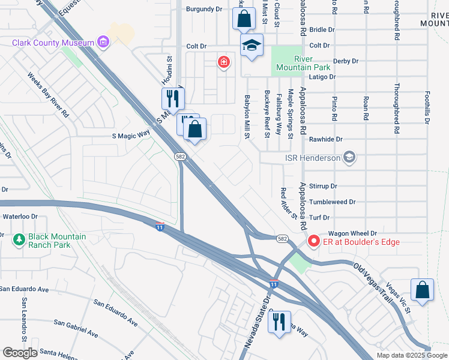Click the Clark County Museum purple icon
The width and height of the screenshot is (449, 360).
[x=104, y=42]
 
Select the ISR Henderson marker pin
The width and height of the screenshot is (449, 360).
[x=349, y=158]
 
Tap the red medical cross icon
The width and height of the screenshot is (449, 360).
[x=224, y=61]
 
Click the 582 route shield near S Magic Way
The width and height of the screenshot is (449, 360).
[x=179, y=156]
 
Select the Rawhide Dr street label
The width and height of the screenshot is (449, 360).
[x=325, y=139]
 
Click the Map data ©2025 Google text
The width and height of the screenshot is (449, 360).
[x=411, y=355]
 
